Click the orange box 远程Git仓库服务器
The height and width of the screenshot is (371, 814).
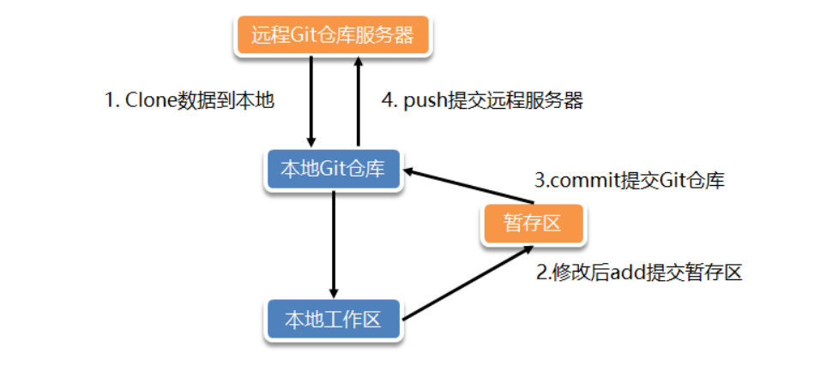[333, 36]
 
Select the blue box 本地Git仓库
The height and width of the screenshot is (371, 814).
[333, 170]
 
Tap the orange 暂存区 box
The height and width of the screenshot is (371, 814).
[534, 224]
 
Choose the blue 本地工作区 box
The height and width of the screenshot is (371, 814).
[333, 320]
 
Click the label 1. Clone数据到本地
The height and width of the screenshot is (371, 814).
[189, 100]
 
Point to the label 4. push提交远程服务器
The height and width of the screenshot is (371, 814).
[482, 100]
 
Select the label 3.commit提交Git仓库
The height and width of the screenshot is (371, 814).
[629, 181]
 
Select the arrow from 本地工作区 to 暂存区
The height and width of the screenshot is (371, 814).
[463, 284]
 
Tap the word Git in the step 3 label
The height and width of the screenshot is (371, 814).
[672, 181]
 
